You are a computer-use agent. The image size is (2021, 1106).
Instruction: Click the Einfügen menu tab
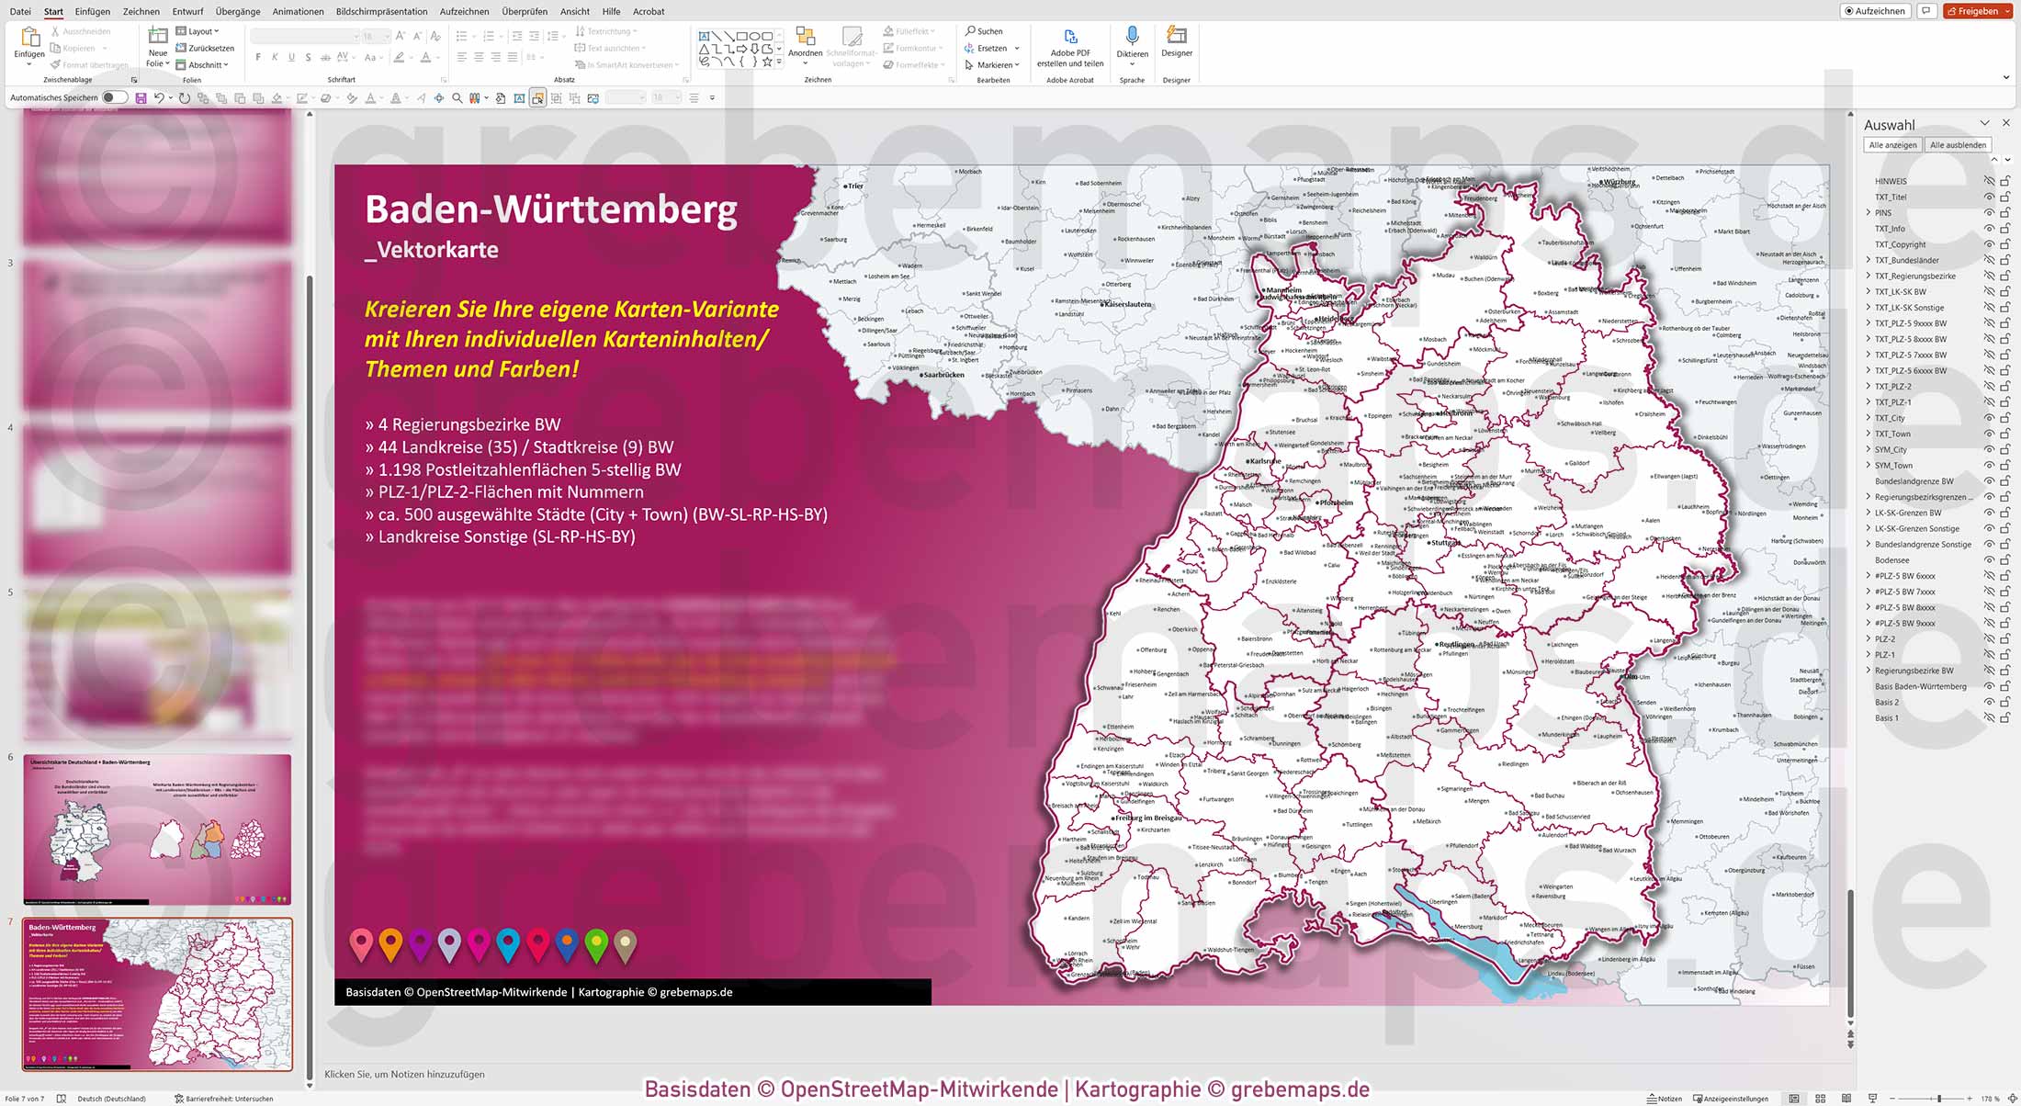point(92,11)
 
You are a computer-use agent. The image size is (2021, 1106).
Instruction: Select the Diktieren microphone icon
point(1132,36)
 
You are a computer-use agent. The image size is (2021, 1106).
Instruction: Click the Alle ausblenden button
point(1958,145)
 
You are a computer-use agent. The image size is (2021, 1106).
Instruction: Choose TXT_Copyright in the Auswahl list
point(1900,244)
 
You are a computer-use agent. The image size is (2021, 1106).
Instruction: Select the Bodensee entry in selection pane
point(1891,560)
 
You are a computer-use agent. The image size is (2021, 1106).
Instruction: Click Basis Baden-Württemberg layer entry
point(1920,686)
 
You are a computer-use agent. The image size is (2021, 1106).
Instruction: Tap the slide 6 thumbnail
point(157,829)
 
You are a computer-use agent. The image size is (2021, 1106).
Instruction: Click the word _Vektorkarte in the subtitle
point(432,250)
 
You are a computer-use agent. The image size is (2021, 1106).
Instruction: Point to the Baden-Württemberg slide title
point(550,209)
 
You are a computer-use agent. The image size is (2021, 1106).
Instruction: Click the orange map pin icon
point(390,943)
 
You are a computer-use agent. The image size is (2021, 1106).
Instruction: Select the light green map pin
point(596,943)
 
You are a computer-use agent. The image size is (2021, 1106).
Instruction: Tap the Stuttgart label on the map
point(1446,543)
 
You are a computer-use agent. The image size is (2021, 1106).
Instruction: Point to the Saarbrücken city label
point(943,375)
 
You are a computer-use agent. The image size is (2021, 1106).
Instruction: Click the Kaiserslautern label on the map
point(1127,304)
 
